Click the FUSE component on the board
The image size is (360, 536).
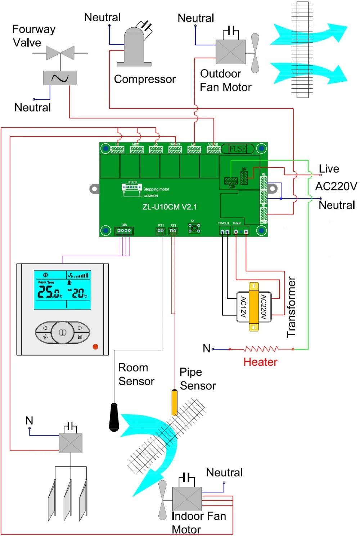coord(238,149)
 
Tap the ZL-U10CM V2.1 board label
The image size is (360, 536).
coord(170,207)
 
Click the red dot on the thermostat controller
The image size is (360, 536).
coord(95,347)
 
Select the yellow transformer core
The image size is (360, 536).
coord(254,307)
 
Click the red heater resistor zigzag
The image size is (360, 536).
coord(261,349)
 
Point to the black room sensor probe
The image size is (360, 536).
coord(114,418)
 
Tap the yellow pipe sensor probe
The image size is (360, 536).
coord(175,402)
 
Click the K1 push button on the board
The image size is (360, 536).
coord(194,228)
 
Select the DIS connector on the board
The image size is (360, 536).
coord(124,231)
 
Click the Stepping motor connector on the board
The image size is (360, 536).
coord(132,187)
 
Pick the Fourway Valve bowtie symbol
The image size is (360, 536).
coord(60,53)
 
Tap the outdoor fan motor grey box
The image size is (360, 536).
coord(230,52)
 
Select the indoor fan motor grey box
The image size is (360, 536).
coord(187,499)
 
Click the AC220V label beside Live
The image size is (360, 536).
coord(336,186)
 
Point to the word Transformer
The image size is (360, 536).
coord(291,307)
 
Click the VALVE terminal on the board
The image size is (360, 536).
coord(213,149)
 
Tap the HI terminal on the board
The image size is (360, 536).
coord(117,149)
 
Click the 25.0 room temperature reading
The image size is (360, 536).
coord(50,292)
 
